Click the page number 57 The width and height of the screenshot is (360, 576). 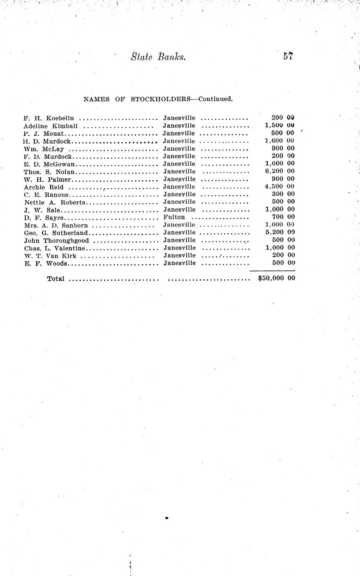click(288, 56)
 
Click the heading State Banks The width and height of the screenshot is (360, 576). click(158, 57)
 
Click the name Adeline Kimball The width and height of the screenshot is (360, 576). click(51, 126)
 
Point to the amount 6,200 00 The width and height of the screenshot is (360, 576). click(280, 171)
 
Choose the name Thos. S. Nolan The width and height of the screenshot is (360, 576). click(49, 172)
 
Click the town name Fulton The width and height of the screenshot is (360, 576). click(174, 217)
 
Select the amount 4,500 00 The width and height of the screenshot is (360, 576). click(280, 187)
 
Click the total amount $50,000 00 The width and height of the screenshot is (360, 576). click(276, 278)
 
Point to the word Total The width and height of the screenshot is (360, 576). click(56, 279)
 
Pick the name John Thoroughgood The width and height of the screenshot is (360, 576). click(56, 240)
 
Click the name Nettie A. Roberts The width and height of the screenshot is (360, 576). click(54, 202)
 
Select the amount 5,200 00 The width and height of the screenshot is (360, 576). click(280, 232)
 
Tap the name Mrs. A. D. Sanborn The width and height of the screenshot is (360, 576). click(56, 225)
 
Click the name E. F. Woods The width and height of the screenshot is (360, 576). click(45, 263)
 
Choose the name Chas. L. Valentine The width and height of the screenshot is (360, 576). click(54, 248)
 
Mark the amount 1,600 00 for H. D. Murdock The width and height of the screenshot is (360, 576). click(280, 141)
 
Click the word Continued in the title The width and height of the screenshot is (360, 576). click(215, 99)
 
